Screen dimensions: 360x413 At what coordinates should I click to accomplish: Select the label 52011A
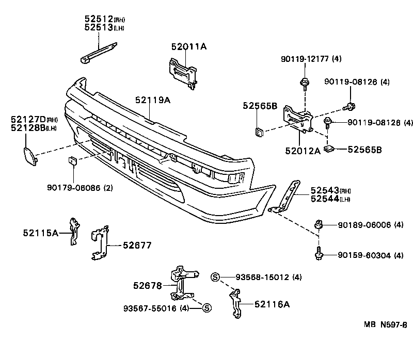(188, 47)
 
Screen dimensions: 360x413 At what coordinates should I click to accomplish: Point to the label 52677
(137, 246)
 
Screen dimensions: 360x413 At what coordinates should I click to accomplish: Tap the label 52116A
(272, 304)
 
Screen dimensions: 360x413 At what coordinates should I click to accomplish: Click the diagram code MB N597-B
(385, 325)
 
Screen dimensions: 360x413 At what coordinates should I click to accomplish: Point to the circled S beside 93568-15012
(216, 277)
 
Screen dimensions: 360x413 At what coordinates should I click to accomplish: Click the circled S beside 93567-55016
(206, 308)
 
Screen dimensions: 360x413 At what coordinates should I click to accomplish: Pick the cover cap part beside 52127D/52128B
(30, 156)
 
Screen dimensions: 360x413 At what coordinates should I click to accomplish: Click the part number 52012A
(302, 150)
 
